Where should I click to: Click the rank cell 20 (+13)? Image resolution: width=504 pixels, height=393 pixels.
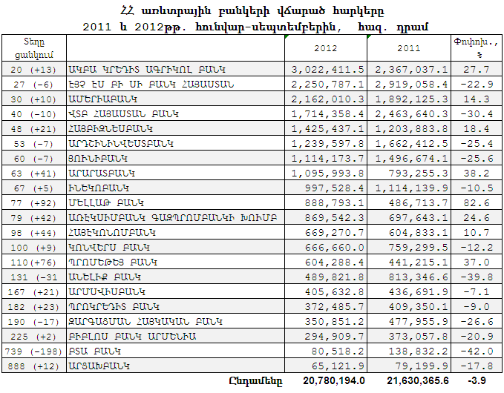pyautogui.click(x=33, y=69)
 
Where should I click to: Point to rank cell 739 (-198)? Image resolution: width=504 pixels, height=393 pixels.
pyautogui.click(x=33, y=351)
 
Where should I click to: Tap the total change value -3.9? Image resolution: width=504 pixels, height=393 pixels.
pyautogui.click(x=477, y=380)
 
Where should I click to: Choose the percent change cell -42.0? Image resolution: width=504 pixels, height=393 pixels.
pyautogui.click(x=477, y=351)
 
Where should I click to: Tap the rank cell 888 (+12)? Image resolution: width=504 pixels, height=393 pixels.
pyautogui.click(x=33, y=366)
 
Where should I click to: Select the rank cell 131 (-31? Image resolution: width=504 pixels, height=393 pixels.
pyautogui.click(x=33, y=277)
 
